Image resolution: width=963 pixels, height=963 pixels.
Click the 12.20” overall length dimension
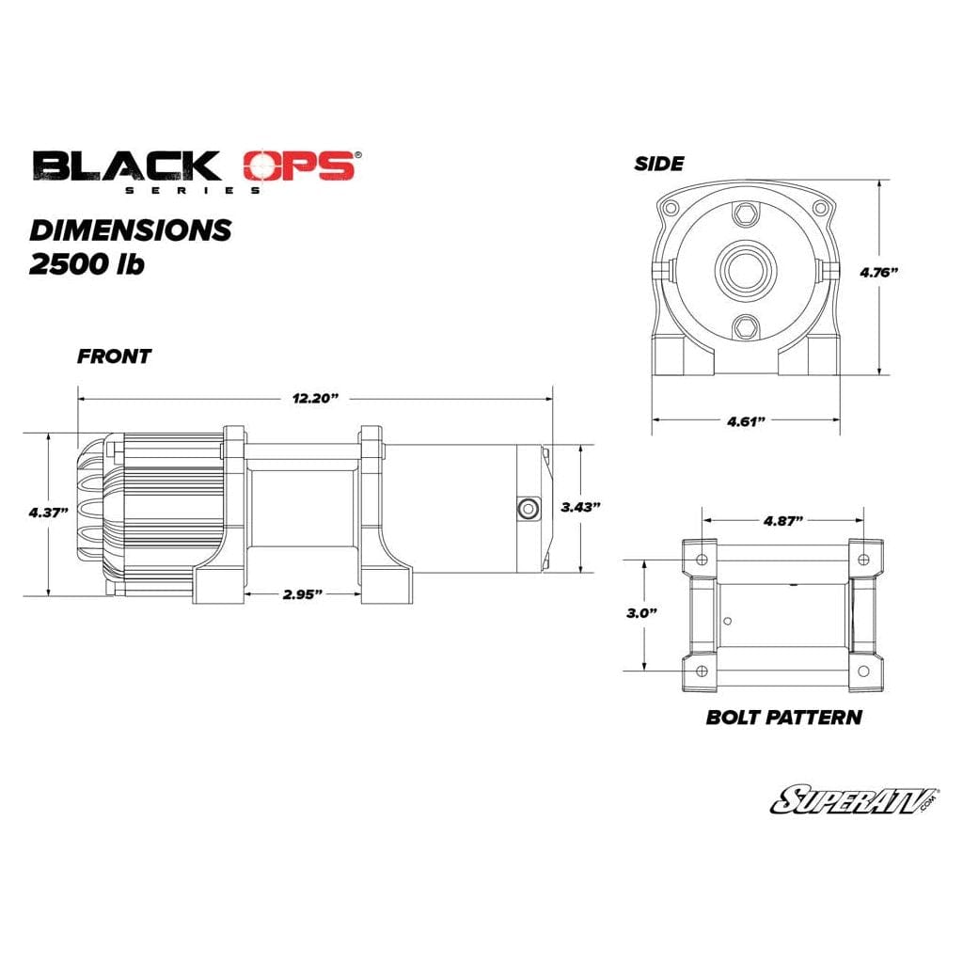(x=316, y=399)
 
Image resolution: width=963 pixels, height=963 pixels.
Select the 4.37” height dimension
(x=48, y=513)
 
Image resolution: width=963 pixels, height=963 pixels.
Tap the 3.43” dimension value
(x=580, y=507)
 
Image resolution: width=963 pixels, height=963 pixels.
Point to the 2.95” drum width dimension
(x=303, y=594)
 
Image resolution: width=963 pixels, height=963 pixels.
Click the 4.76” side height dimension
(x=879, y=272)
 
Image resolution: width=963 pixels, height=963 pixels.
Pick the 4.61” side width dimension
(x=746, y=421)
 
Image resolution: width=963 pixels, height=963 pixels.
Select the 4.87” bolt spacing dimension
(x=783, y=521)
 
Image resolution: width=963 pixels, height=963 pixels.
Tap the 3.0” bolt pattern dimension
(x=642, y=613)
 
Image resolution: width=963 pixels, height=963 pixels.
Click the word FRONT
(x=114, y=356)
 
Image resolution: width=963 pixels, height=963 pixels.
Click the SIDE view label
(x=659, y=164)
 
